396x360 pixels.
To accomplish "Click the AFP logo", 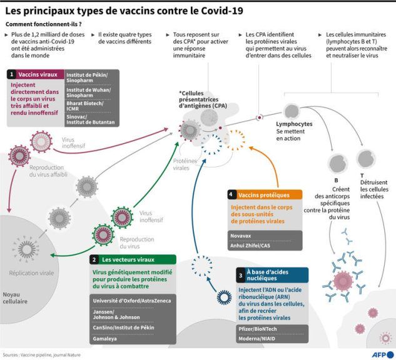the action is tap(383, 354).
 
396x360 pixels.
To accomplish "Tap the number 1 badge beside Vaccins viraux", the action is tap(11, 74).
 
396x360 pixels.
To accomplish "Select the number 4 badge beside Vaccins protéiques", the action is tap(231, 194).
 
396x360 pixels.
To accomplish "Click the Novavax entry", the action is tap(241, 236).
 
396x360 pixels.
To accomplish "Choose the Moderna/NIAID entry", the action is tap(257, 339).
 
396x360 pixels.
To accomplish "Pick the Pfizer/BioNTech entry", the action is tap(258, 329).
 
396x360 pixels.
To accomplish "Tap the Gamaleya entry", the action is tap(105, 339).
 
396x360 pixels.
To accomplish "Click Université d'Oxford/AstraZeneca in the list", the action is tap(132, 301).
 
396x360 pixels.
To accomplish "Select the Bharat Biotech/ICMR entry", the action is tap(85, 106).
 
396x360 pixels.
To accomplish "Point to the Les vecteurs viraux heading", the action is tap(128, 259).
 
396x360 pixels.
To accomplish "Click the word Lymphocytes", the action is tap(294, 124).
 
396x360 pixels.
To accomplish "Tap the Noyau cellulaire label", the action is tap(15, 297).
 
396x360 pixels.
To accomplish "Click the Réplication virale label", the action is tap(31, 273).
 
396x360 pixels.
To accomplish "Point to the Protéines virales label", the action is tap(185, 164).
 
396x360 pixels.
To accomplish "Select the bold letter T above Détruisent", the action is tap(362, 176).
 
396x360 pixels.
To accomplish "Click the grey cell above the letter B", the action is tap(337, 164).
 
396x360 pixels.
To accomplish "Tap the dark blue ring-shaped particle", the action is tap(224, 297).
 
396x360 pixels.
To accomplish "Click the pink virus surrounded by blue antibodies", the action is tap(343, 281).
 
